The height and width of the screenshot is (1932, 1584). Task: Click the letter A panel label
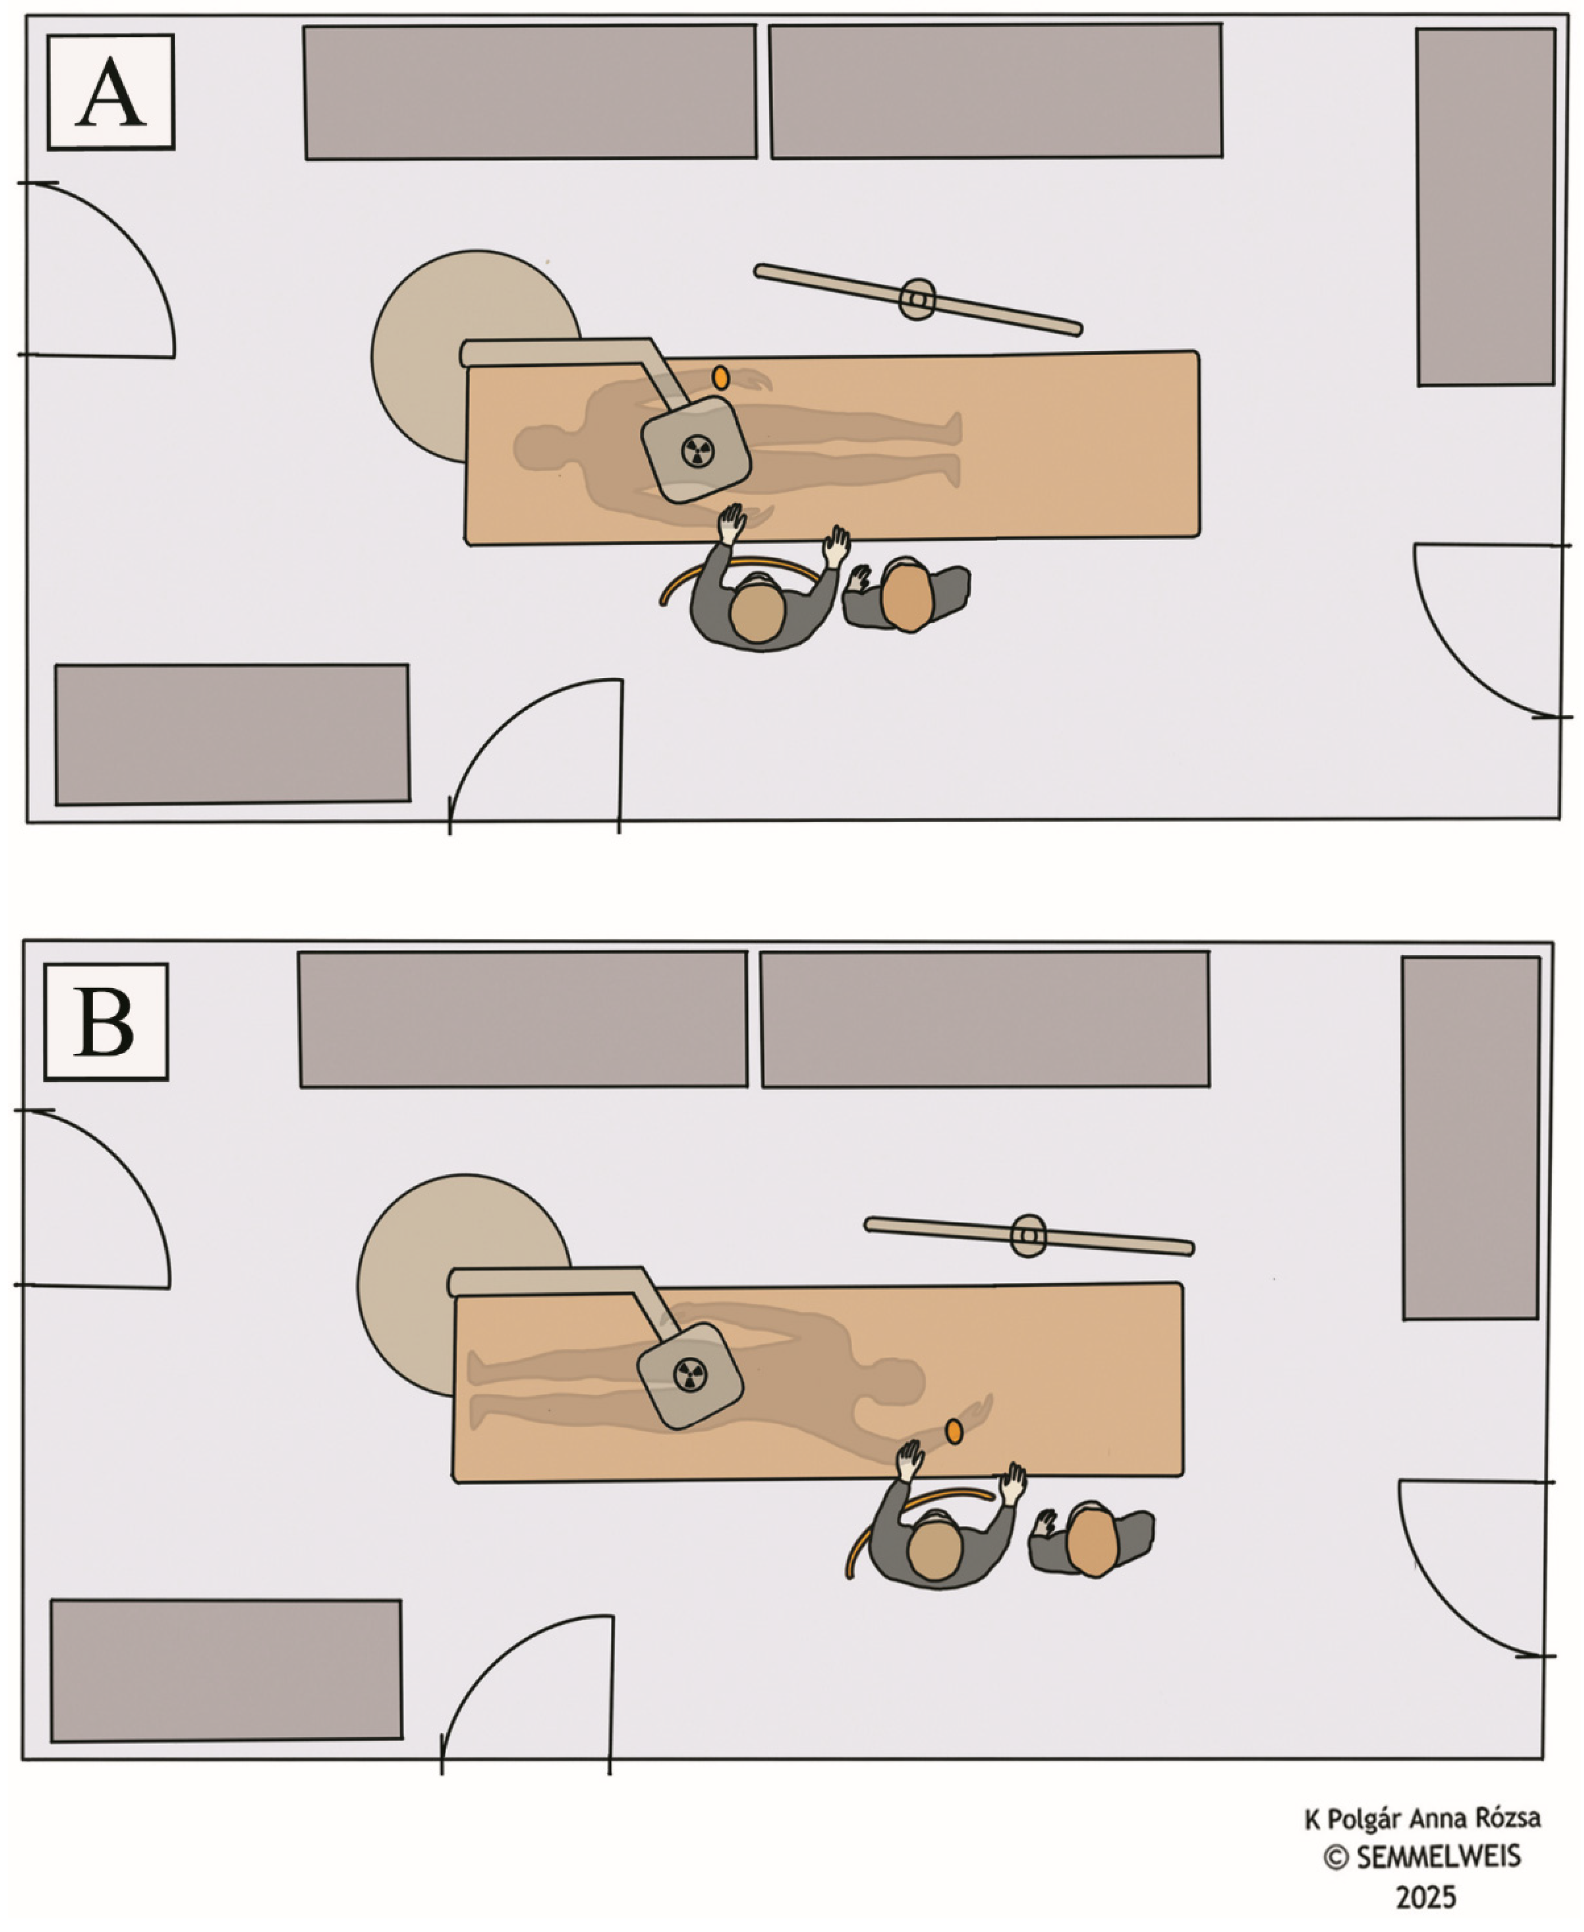(110, 92)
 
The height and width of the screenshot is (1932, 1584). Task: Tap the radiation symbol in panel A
(698, 450)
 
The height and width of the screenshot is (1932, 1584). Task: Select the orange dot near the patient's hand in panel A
(721, 378)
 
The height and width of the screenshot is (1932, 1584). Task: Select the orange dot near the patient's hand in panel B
(954, 1431)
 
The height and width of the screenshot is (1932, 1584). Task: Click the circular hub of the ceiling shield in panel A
(918, 299)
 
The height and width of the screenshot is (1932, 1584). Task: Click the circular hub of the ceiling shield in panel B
(1029, 1236)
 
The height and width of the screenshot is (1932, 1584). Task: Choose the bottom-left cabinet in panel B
(226, 1670)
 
